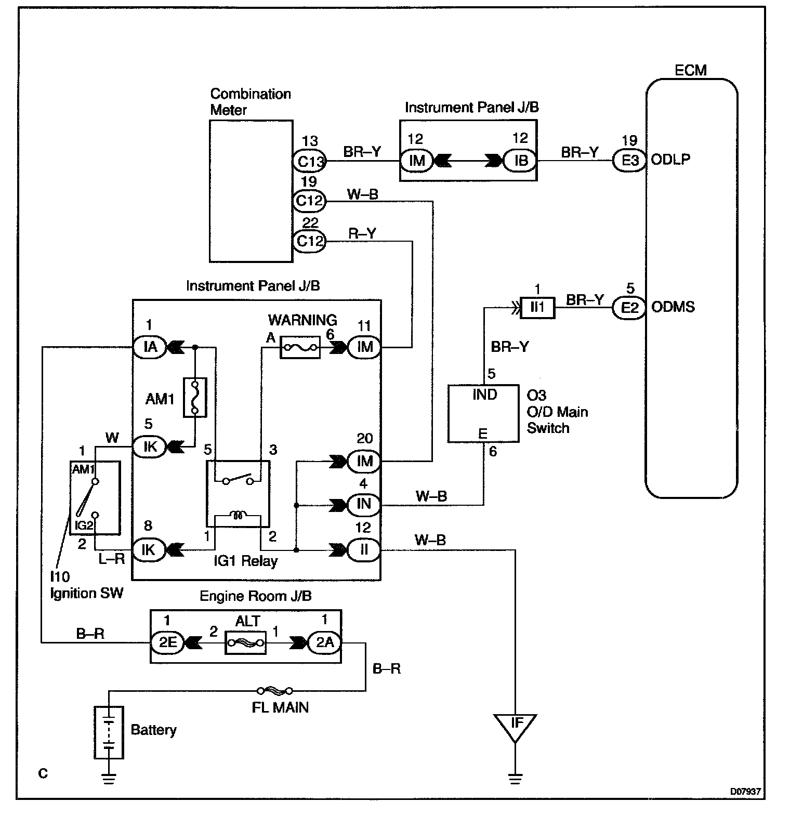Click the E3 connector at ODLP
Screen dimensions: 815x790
click(x=629, y=160)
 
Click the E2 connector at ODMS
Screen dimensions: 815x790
click(x=629, y=308)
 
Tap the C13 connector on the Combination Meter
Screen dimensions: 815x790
click(x=310, y=161)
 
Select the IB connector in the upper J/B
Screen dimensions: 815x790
click(x=520, y=161)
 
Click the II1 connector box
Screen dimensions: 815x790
click(x=538, y=308)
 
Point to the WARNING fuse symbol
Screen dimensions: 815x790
click(x=300, y=347)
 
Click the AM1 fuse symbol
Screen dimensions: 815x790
click(x=195, y=398)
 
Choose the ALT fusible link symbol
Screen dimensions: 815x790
click(x=245, y=643)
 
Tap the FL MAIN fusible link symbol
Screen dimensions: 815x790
click(x=274, y=691)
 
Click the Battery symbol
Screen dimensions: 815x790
click(x=109, y=733)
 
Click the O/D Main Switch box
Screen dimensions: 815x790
click(x=483, y=413)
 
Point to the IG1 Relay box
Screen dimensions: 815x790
click(x=238, y=494)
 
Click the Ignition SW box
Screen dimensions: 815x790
click(x=95, y=497)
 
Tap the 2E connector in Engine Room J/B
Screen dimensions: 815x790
click(x=167, y=643)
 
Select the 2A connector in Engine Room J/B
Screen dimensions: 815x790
click(x=325, y=643)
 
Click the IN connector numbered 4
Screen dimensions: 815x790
click(x=364, y=504)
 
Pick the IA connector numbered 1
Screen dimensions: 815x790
click(x=150, y=347)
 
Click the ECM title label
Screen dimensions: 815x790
click(x=690, y=70)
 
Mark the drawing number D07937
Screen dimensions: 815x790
click(x=745, y=792)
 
